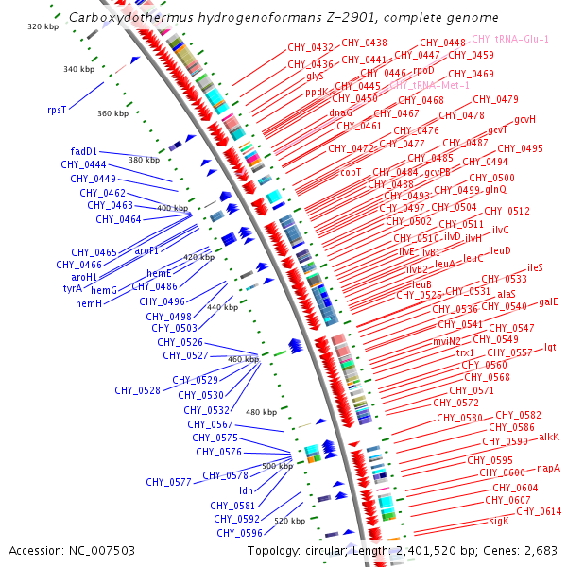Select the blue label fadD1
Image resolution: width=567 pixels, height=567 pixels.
point(84,151)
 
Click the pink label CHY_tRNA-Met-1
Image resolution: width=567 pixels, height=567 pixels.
point(429,85)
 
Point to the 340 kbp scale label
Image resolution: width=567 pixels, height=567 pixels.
point(78,69)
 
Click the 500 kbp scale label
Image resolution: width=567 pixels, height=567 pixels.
point(278,466)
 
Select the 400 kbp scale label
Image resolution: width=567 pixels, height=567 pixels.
point(173,208)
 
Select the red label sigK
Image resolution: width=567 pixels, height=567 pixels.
point(499,521)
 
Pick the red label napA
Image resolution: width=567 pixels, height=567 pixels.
point(549,468)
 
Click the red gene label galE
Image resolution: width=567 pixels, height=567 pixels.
point(548,302)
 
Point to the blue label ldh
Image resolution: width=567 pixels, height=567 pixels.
point(246,490)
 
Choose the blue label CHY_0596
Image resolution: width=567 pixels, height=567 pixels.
point(239,533)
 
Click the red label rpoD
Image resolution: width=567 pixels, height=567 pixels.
point(424,70)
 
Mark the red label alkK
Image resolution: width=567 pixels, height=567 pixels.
point(549,437)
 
